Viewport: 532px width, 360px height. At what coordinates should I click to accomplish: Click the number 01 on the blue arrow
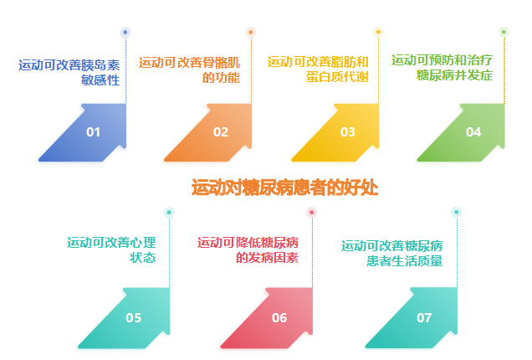tap(93, 131)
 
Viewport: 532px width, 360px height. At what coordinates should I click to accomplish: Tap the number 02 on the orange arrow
tap(221, 131)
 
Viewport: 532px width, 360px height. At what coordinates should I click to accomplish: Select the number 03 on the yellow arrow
tap(348, 131)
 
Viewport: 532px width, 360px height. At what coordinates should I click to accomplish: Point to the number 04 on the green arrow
tap(473, 131)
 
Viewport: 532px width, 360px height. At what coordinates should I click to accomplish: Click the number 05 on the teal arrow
tap(133, 318)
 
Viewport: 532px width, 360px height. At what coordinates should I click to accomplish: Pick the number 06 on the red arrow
tap(279, 318)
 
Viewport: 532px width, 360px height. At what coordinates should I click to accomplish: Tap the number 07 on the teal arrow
tap(424, 318)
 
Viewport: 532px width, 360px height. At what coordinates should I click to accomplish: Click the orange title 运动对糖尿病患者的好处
tap(284, 188)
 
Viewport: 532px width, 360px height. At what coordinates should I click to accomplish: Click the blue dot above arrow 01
tap(125, 33)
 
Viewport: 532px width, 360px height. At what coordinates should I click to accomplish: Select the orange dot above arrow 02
tap(251, 33)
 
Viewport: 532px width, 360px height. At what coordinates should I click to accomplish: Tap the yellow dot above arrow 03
tap(378, 32)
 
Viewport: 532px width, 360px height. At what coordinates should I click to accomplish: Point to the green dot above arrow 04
tap(504, 32)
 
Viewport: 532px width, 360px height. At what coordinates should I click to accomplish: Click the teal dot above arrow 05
tap(169, 213)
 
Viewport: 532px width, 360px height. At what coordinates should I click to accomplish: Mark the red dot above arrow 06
tap(311, 213)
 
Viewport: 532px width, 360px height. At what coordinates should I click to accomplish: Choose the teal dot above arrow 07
tap(457, 212)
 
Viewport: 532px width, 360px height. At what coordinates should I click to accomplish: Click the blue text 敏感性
tap(100, 80)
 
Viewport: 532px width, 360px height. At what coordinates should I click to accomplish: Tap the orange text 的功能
tap(221, 78)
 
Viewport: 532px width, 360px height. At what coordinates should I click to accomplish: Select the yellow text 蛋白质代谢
tap(337, 77)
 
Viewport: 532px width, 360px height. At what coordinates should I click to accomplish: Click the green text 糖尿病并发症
tap(454, 75)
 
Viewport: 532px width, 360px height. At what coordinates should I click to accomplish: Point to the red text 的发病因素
tap(267, 258)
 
